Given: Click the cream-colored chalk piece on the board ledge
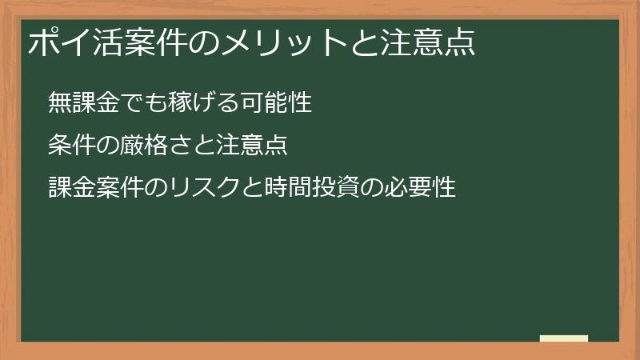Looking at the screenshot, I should pos(564,338).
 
